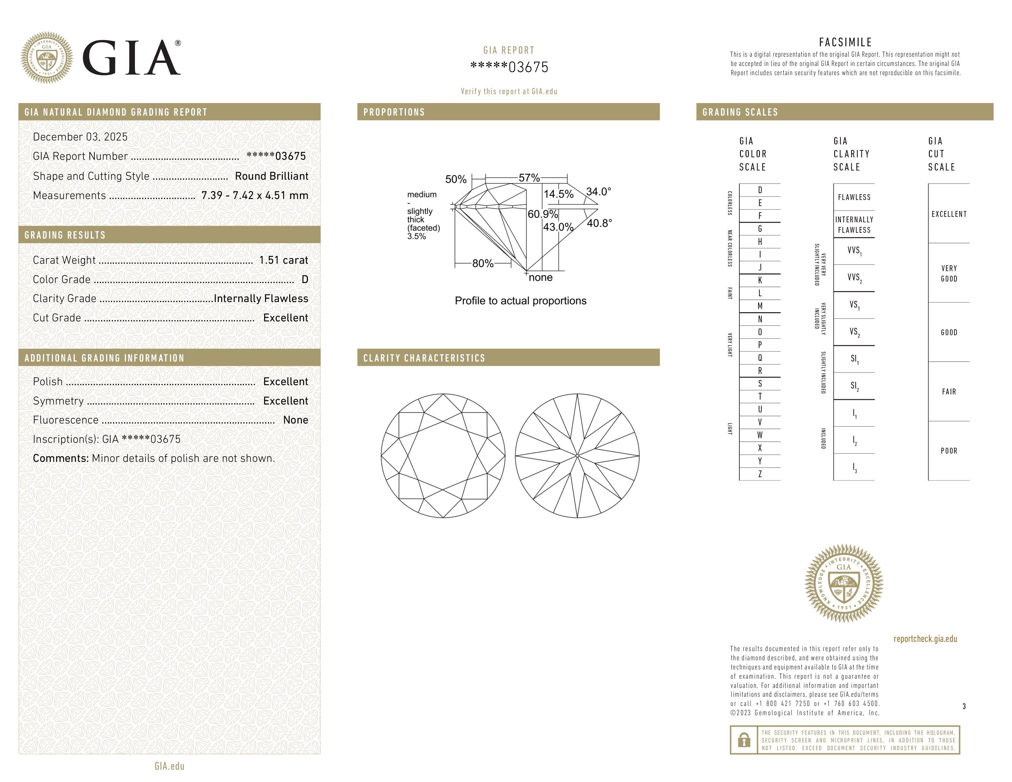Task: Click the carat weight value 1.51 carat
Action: tap(283, 260)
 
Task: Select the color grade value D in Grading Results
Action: tap(305, 279)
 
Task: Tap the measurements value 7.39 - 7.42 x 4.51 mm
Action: tap(255, 196)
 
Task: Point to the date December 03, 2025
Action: tap(80, 137)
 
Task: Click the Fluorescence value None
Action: tap(295, 420)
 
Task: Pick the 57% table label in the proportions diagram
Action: tap(529, 178)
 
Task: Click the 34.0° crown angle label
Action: tap(598, 192)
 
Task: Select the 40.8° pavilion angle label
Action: tap(599, 223)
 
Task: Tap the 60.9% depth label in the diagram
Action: tap(542, 214)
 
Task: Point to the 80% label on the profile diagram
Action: tap(483, 264)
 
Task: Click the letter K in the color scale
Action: tap(760, 280)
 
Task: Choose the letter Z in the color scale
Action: tap(760, 474)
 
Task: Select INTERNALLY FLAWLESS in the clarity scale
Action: tap(854, 225)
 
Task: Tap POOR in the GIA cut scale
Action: tap(949, 451)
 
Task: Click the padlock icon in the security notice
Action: tap(744, 740)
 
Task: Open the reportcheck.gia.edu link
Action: tap(925, 639)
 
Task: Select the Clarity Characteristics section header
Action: tap(424, 358)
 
